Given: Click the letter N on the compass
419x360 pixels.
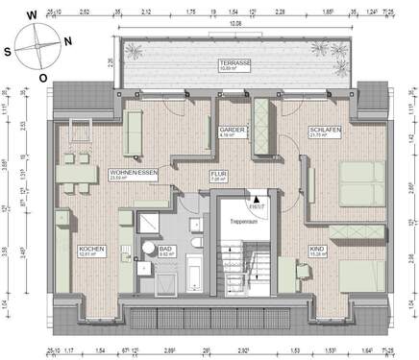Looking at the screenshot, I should (x=64, y=41).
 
